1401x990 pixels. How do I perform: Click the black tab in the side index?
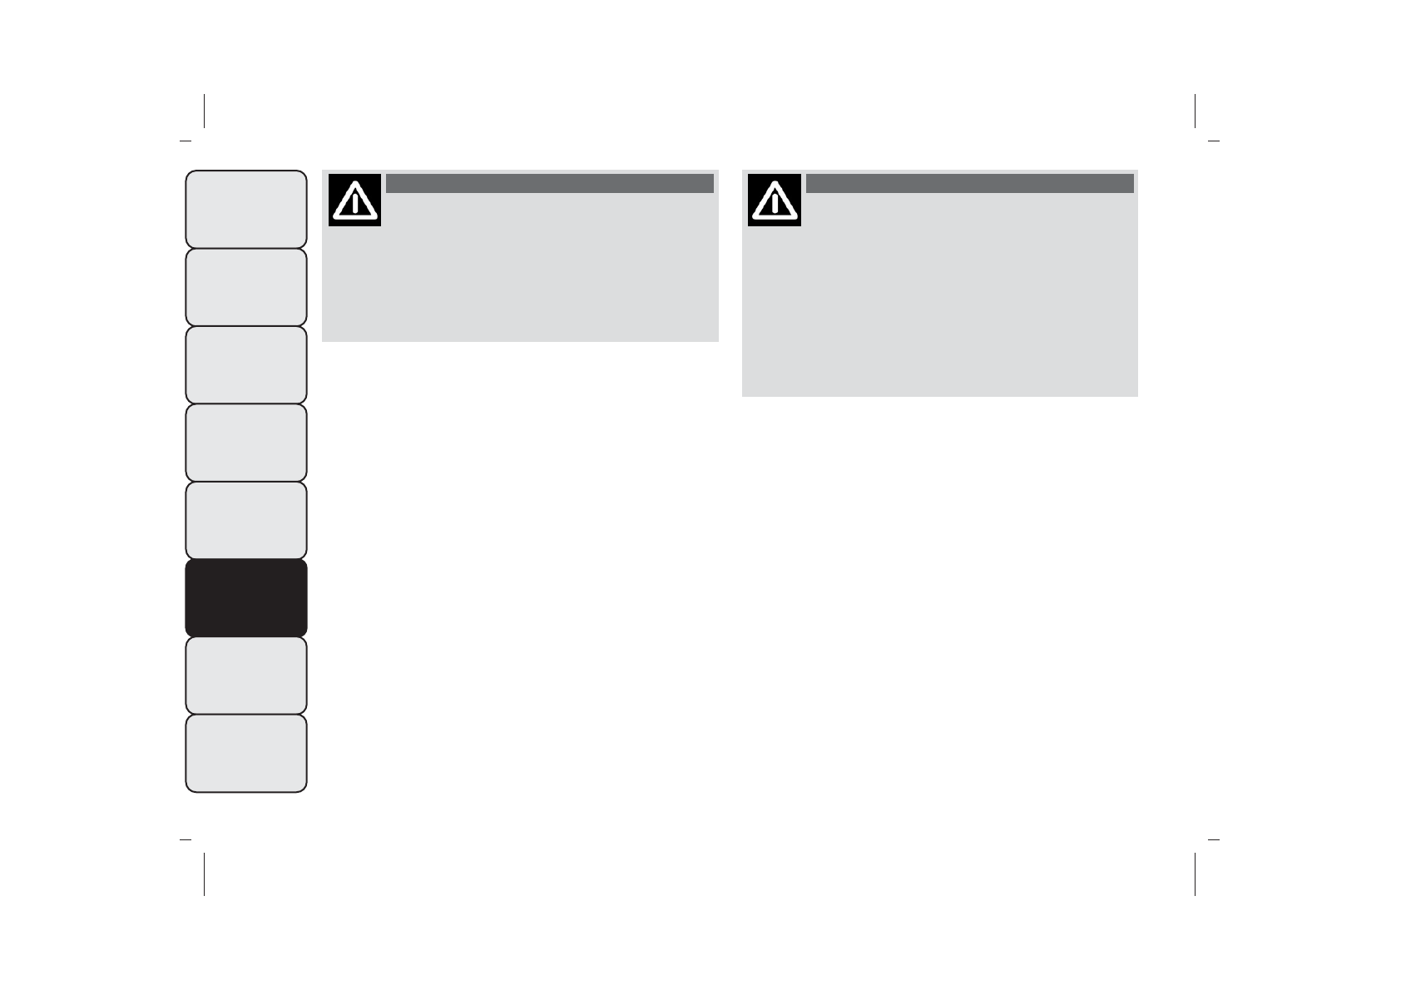point(246,597)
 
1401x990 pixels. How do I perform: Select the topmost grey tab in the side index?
point(246,209)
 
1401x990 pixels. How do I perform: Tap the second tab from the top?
point(246,287)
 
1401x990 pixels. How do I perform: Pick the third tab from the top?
point(246,364)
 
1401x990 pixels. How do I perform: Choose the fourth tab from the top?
point(246,442)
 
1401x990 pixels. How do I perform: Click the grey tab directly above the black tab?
point(246,520)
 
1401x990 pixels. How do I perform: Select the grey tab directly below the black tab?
point(246,675)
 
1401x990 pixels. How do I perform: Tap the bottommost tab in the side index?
point(246,753)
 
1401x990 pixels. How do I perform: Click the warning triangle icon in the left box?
point(355,200)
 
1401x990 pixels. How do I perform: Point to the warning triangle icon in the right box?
point(775,200)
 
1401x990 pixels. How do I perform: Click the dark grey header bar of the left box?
point(549,183)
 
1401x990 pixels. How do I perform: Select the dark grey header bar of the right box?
point(969,183)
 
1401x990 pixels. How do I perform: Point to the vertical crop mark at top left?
point(204,111)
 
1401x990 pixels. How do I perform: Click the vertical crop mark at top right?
point(1196,111)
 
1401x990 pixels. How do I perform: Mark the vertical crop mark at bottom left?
point(204,874)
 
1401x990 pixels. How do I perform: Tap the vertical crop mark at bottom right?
point(1196,874)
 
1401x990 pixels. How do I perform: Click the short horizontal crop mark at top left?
point(186,141)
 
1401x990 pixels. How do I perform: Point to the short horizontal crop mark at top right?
point(1214,141)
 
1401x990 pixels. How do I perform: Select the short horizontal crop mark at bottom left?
point(186,840)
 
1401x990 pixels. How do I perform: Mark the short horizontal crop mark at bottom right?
point(1214,840)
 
